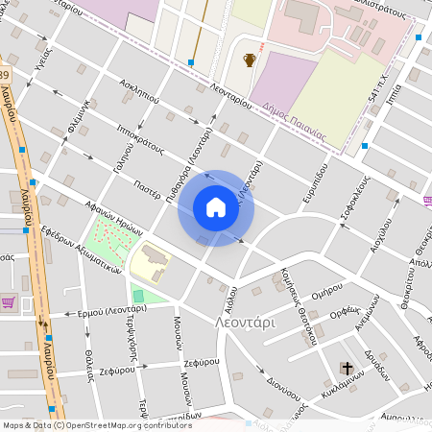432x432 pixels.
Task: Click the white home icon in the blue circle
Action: point(216,207)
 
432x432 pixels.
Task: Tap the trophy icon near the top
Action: point(250,60)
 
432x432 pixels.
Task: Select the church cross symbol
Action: point(346,368)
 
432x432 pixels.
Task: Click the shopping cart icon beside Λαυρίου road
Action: point(9,302)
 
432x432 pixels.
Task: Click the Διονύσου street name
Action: point(287,391)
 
